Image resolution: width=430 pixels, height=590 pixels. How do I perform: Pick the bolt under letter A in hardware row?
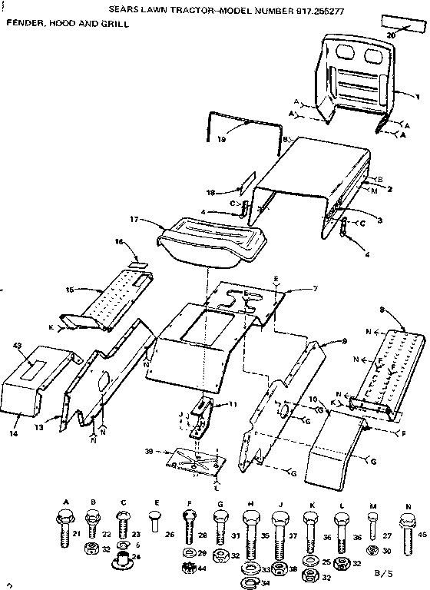[66, 526]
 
